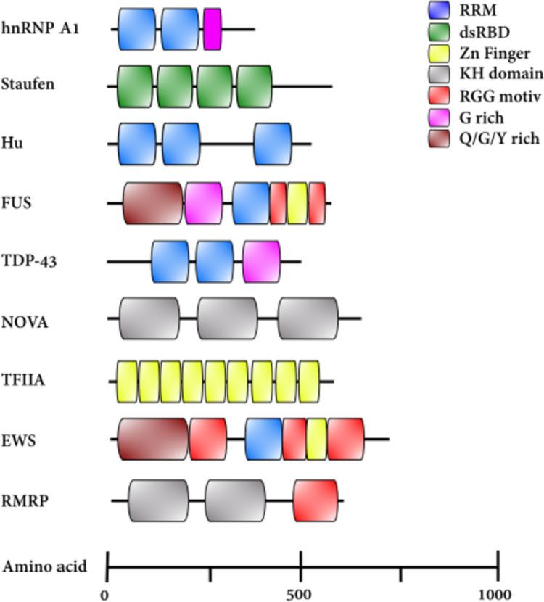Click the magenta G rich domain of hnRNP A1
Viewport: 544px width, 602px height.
pyautogui.click(x=212, y=30)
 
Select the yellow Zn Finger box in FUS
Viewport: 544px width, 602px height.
pyautogui.click(x=297, y=203)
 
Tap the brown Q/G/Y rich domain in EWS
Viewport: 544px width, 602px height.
pyautogui.click(x=153, y=439)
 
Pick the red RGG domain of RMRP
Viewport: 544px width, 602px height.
pyautogui.click(x=316, y=500)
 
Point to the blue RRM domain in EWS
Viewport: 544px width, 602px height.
pyautogui.click(x=263, y=439)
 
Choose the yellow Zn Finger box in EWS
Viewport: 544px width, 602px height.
pyautogui.click(x=316, y=439)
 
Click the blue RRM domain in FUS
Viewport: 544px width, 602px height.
pyautogui.click(x=251, y=203)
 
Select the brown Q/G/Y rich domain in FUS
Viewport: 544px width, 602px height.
pyautogui.click(x=153, y=203)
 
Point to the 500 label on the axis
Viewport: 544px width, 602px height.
pyautogui.click(x=300, y=593)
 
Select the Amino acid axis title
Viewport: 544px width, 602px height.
pyautogui.click(x=45, y=566)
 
